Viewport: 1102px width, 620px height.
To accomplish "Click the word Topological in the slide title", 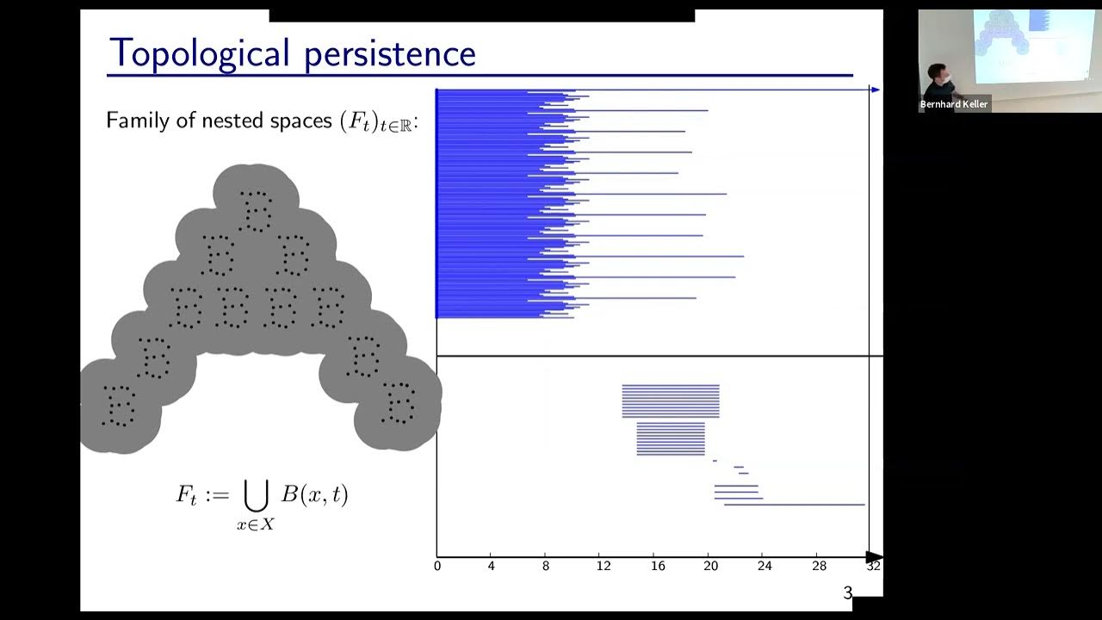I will click(x=199, y=53).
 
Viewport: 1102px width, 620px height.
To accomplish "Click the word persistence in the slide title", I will click(x=388, y=53).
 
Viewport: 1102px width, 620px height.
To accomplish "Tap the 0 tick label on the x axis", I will click(x=437, y=567).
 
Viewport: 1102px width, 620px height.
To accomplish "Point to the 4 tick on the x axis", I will click(x=491, y=567).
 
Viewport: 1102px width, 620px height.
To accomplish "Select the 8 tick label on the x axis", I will click(x=545, y=567).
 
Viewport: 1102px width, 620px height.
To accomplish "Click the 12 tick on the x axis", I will click(x=603, y=567).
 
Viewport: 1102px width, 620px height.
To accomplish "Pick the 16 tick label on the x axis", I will click(x=658, y=567).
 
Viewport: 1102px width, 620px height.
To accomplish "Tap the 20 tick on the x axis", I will click(x=711, y=567).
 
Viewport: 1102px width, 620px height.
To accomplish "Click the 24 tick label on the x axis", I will click(x=765, y=567).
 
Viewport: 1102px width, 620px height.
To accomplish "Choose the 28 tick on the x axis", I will click(x=819, y=567).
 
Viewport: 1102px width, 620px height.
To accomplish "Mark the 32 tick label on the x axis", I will click(x=873, y=567).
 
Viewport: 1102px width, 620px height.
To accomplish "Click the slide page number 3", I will click(x=847, y=592).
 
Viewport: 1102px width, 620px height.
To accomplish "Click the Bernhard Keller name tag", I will click(x=954, y=104).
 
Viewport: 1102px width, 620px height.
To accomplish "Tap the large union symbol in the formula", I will click(x=256, y=495).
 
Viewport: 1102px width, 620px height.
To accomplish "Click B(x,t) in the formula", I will click(x=314, y=495).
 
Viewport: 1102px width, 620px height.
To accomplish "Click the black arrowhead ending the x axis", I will click(x=874, y=556).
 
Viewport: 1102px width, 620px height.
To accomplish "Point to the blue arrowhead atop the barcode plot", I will click(x=875, y=90).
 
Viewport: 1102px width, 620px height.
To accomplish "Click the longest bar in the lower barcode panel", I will click(x=794, y=505).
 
